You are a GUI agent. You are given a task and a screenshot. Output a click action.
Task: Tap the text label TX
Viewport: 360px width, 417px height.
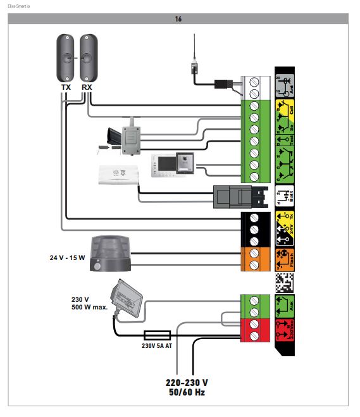pos(66,87)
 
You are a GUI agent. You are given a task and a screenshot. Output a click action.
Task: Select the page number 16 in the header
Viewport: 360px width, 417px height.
pos(178,19)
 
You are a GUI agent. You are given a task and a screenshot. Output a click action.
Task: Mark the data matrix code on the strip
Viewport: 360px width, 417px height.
pos(285,282)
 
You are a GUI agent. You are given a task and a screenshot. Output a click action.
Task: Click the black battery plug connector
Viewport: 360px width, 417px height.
pos(233,196)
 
